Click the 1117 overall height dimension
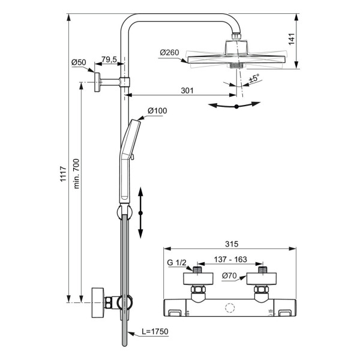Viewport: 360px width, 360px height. pos(63,174)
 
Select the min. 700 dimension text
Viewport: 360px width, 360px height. pos(76,173)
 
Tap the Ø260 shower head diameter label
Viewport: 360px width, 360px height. pos(169,53)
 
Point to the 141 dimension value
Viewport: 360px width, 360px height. pos(291,39)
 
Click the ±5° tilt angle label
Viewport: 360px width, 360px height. pos(254,78)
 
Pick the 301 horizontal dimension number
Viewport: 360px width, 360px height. pos(187,91)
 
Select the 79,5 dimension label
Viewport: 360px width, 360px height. pos(109,59)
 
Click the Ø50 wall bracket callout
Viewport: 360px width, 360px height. pos(79,62)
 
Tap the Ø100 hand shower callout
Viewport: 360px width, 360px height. pos(157,110)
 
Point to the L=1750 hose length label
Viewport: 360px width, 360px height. pos(155,332)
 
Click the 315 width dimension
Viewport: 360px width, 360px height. pos(232,244)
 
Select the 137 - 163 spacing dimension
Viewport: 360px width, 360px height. pos(230,259)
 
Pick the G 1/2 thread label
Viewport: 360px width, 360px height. pos(176,262)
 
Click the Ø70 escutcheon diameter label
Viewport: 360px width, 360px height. pos(229,276)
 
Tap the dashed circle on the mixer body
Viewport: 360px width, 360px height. pos(230,308)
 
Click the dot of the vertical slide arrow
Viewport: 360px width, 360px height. pos(141,213)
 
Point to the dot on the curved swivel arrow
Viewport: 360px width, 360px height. pos(236,106)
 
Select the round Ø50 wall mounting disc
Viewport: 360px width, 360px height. pos(97,82)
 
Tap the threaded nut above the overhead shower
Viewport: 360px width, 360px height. pos(236,37)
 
